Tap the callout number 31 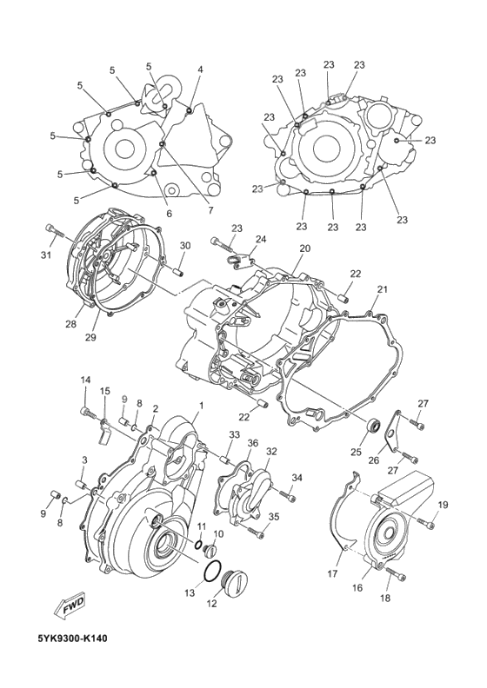click(47, 255)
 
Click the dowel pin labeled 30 click(181, 269)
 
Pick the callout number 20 click(304, 248)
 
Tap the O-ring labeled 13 click(211, 572)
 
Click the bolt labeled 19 click(425, 523)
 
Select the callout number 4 click(200, 69)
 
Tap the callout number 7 click(210, 209)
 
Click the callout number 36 click(253, 443)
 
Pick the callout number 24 click(260, 239)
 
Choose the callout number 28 click(71, 324)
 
